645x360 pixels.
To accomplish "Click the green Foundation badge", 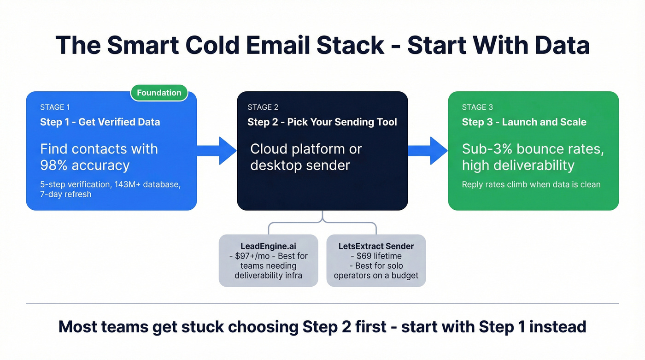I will coord(159,93).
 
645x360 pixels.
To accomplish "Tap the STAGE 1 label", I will coord(55,107).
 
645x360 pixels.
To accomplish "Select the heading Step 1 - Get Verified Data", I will coord(100,122).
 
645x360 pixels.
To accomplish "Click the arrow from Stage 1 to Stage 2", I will coord(217,150).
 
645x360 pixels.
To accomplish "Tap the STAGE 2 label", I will coord(263,107).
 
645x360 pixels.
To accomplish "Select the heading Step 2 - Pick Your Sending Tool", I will coord(322,122).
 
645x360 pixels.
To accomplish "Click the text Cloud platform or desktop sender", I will coord(306,157).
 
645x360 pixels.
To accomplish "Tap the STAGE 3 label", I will coord(477,107).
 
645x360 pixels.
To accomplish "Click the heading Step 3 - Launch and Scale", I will coord(524,122).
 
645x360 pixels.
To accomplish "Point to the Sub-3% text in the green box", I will coord(488,149).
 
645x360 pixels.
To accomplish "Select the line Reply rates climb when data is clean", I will coord(531,184).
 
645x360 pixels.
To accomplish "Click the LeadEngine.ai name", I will coord(268,246).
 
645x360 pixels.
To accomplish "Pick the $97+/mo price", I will coord(252,256).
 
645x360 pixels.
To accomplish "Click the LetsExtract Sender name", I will coord(376,246).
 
